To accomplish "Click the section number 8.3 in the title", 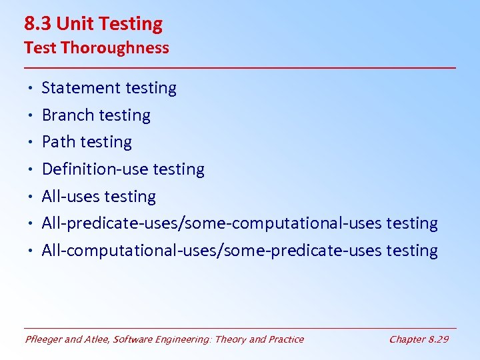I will click(38, 24).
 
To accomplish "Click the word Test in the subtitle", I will click(37, 48).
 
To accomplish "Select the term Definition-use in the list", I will click(95, 169).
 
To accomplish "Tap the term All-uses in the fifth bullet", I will click(71, 197).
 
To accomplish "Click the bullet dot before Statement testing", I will click(31, 89).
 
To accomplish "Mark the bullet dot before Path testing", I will click(31, 143).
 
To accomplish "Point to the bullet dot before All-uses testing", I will click(31, 197).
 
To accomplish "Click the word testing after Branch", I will click(124, 116).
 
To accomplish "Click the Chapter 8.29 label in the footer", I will click(419, 339).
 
